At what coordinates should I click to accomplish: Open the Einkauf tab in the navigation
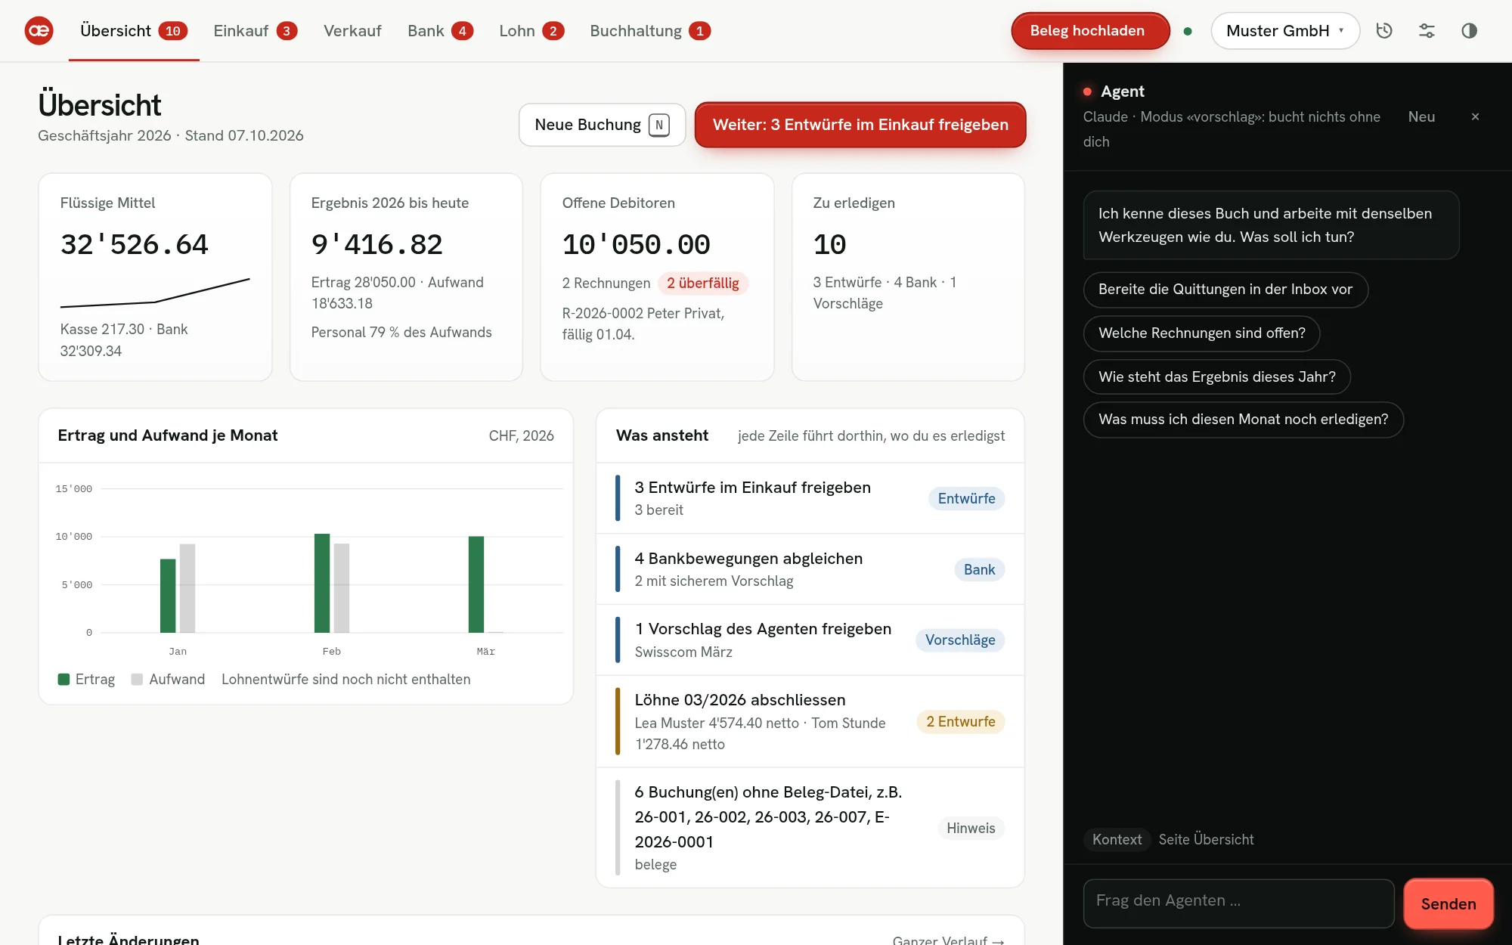[255, 31]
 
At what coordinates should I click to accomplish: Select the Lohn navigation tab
[531, 31]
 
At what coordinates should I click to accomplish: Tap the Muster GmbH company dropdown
[1285, 31]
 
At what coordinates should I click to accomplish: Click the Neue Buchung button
[602, 125]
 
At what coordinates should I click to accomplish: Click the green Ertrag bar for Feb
[322, 583]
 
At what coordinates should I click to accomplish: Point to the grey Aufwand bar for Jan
[187, 588]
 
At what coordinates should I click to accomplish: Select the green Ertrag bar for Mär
[476, 584]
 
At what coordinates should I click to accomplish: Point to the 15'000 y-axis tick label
[74, 489]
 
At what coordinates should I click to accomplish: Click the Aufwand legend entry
[168, 680]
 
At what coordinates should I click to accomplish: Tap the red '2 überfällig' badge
[703, 283]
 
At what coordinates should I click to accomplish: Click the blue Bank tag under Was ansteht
[979, 570]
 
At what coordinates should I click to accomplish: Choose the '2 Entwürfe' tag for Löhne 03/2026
[961, 722]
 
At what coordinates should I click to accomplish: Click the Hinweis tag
[971, 829]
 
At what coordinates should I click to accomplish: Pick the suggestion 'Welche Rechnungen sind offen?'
[1202, 333]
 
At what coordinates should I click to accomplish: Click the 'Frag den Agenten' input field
[1238, 903]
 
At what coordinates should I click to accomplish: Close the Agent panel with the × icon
[1475, 116]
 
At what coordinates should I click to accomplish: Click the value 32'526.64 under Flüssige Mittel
[135, 245]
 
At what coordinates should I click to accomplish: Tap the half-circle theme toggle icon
[1469, 31]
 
